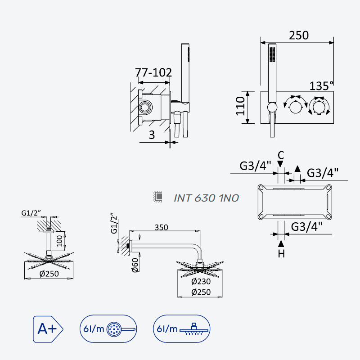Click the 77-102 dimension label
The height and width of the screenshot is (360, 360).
(153, 72)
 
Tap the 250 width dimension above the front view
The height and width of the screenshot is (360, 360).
(299, 36)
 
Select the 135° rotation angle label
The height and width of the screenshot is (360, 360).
(321, 86)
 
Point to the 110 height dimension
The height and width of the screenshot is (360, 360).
(240, 106)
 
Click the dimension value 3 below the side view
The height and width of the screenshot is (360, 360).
(152, 135)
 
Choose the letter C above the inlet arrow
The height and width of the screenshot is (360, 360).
(281, 155)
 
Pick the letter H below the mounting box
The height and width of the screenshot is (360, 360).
(281, 254)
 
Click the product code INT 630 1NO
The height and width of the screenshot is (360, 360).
(206, 198)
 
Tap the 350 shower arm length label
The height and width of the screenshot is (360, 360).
(161, 227)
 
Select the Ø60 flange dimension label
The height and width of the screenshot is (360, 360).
(135, 265)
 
